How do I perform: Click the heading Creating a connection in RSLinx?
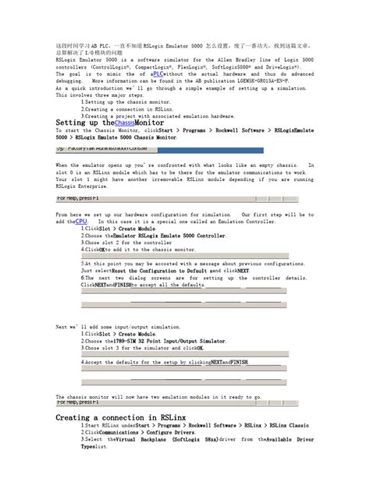coord(120,419)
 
